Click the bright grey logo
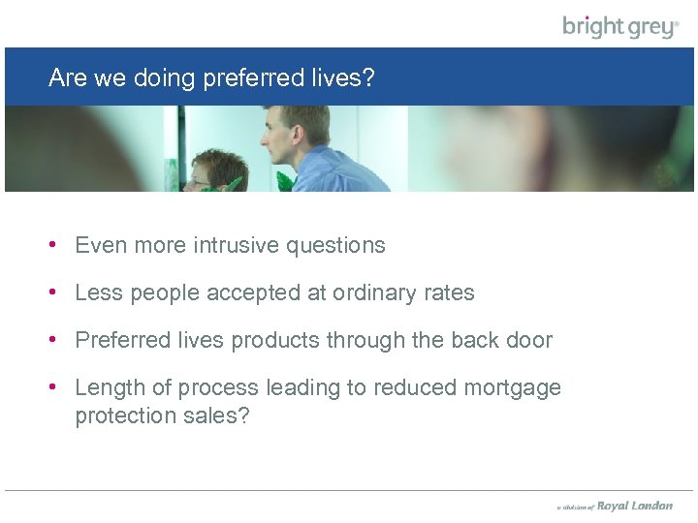(620, 26)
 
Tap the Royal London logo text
(634, 506)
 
